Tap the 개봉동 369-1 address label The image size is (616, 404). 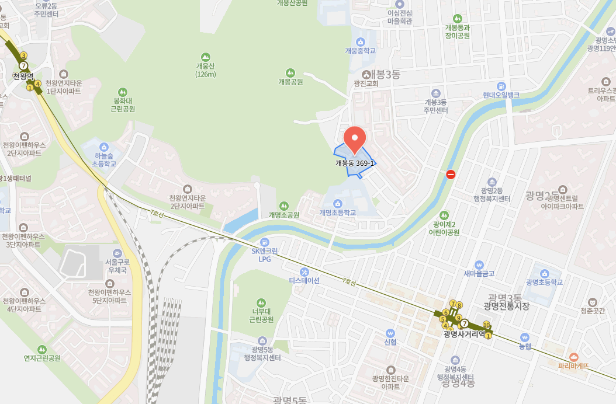355,163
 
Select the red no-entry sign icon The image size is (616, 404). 451,174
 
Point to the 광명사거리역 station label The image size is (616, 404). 464,335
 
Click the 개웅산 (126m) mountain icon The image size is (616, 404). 205,57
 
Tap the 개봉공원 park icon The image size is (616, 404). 290,72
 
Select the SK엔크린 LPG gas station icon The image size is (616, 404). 264,242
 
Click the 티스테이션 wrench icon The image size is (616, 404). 304,271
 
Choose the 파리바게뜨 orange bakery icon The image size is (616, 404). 573,357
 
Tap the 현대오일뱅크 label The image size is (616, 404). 501,95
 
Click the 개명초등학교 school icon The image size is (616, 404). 337,203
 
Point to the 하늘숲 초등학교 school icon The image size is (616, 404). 104,147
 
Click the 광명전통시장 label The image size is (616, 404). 506,306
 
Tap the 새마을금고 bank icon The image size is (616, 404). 479,264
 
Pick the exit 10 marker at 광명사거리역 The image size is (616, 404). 486,325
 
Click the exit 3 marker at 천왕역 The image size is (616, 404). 23,55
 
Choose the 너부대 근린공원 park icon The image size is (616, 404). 261,302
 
